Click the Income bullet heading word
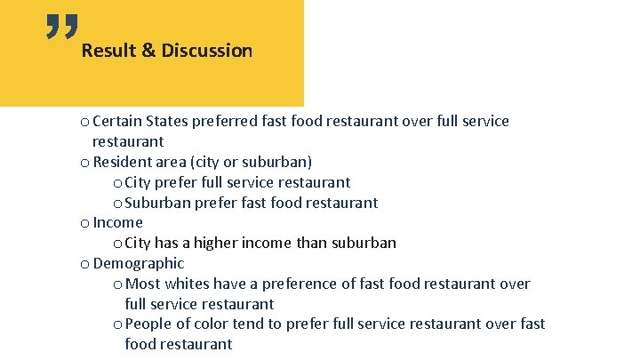[x=117, y=222]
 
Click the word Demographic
[x=139, y=263]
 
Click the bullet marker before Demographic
[x=84, y=264]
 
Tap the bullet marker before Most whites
[x=118, y=284]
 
